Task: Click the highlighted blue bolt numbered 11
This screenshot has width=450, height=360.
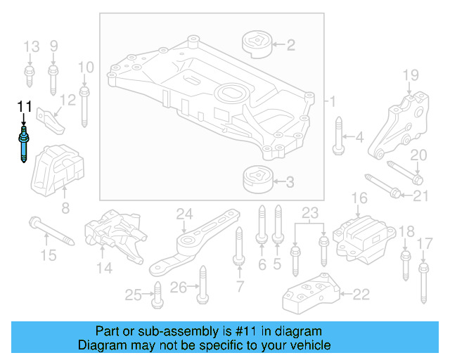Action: [x=25, y=144]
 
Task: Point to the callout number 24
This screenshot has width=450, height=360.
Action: [x=184, y=214]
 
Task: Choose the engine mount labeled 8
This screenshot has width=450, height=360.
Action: [x=59, y=169]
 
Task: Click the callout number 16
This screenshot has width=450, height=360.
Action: [x=359, y=199]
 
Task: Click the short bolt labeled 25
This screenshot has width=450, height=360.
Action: [x=157, y=294]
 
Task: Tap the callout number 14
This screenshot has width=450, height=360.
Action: [x=104, y=267]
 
